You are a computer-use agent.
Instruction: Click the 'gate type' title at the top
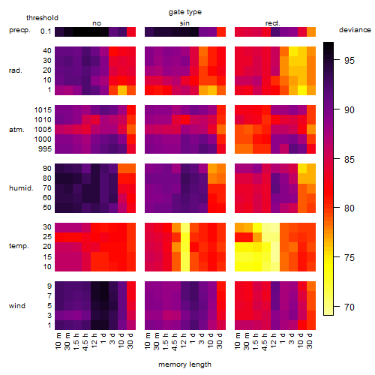(x=185, y=12)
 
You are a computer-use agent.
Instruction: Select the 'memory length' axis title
(x=184, y=364)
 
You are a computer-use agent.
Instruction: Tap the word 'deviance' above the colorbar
(x=355, y=30)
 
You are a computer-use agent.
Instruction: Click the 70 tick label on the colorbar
(x=349, y=307)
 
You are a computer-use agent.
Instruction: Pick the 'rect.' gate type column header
(x=272, y=23)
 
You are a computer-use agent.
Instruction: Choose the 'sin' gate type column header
(x=184, y=23)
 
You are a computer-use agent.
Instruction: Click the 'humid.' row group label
(x=21, y=188)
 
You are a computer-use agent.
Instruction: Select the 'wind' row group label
(x=17, y=306)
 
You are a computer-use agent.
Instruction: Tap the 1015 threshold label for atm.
(x=43, y=110)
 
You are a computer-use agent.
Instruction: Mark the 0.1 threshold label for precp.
(x=46, y=31)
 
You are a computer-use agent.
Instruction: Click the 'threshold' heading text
(x=42, y=18)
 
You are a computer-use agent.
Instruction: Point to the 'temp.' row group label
(x=19, y=246)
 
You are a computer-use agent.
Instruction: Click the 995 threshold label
(x=45, y=149)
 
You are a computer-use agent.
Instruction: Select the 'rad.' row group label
(x=16, y=70)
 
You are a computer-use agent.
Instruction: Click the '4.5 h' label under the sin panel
(x=175, y=341)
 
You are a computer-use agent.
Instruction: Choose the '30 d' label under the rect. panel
(x=310, y=340)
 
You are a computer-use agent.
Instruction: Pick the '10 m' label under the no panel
(x=58, y=341)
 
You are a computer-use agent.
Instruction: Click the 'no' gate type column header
(x=97, y=23)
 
